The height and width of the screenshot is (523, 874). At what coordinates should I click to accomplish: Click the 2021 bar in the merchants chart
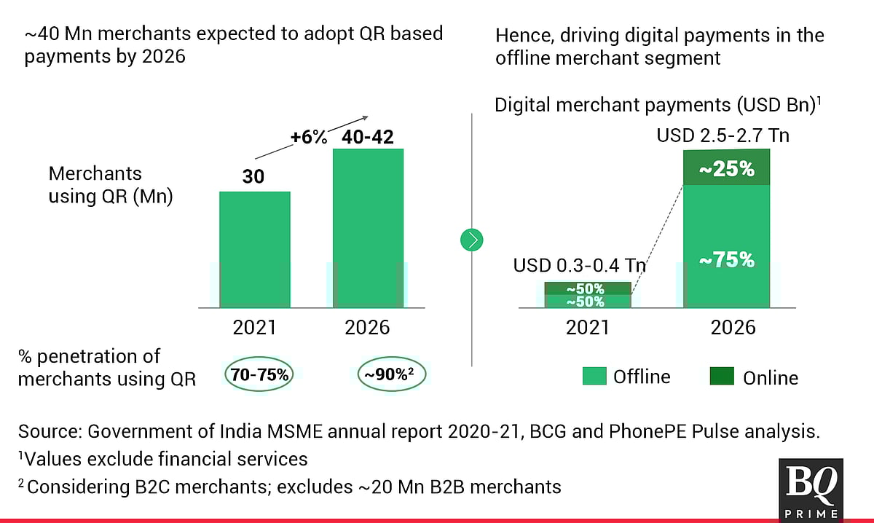[255, 248]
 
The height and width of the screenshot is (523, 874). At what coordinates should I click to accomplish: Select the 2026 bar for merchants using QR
[369, 227]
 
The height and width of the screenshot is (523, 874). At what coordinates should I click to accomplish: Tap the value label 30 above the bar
[254, 177]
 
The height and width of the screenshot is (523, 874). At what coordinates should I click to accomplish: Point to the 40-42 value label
[369, 136]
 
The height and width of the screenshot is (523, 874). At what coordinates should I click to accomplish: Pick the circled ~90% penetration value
[392, 376]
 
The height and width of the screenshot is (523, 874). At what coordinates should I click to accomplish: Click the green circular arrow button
[473, 239]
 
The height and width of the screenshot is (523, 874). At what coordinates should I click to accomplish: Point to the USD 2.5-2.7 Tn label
[723, 135]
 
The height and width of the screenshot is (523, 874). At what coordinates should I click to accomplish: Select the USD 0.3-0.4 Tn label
[579, 266]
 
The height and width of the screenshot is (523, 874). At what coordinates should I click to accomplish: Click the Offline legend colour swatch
[594, 377]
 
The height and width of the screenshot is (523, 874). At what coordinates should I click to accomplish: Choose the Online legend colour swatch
[722, 377]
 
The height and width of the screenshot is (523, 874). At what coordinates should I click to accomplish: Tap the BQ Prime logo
[811, 488]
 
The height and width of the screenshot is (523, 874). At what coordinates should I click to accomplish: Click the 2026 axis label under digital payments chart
[733, 327]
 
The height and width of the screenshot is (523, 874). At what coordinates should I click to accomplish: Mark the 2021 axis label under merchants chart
[254, 327]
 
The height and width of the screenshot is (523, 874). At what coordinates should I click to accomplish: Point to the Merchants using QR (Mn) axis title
[110, 185]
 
